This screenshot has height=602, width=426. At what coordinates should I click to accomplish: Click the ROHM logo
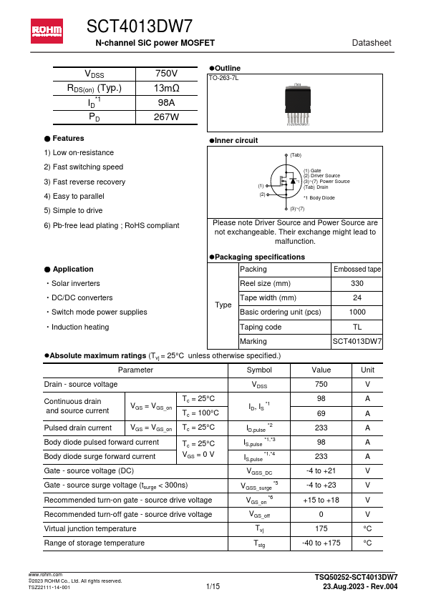(46, 30)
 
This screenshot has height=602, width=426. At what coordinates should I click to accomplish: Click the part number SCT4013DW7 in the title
(140, 27)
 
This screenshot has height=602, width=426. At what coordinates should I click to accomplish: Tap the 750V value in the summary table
(166, 74)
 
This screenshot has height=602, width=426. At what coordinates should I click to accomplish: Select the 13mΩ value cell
(166, 89)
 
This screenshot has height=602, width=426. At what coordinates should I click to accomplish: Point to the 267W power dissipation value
(166, 117)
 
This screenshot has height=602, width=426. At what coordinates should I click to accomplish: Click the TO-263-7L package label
(223, 77)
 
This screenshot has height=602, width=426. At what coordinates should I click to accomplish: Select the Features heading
(68, 138)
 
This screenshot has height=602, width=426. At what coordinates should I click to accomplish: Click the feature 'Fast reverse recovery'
(84, 182)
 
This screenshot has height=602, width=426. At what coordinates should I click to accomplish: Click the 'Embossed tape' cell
(357, 270)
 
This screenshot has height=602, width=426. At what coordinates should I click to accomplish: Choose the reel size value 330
(357, 284)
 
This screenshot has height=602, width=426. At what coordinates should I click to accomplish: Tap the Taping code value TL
(357, 327)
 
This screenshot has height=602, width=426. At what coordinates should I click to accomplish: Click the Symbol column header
(258, 370)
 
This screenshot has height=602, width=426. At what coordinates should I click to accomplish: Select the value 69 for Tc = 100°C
(321, 413)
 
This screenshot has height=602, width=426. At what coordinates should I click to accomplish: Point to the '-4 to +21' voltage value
(321, 471)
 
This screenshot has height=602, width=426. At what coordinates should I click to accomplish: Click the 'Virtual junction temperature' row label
(90, 529)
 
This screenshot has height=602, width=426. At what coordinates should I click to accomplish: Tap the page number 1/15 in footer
(213, 586)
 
